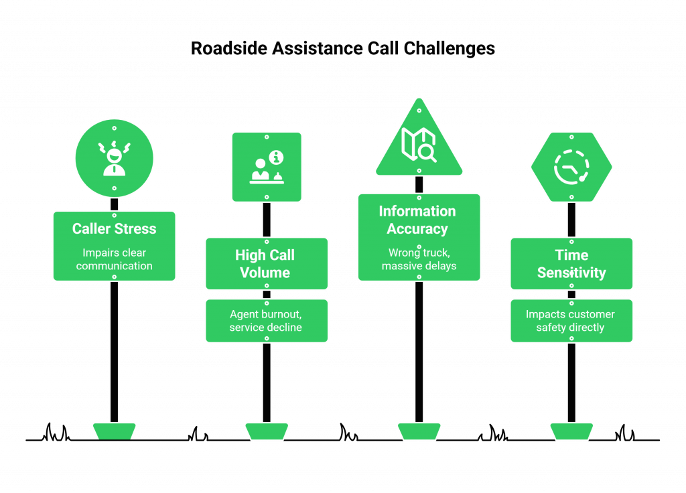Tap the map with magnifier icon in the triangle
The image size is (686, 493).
click(x=419, y=144)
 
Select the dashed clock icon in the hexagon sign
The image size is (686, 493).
click(x=571, y=167)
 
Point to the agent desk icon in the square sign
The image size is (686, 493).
click(x=267, y=167)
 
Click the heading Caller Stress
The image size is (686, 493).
click(x=114, y=228)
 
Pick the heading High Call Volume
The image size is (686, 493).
click(x=267, y=264)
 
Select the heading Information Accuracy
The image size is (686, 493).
click(x=417, y=220)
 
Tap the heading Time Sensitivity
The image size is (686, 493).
click(x=571, y=264)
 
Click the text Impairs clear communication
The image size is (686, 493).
click(x=114, y=259)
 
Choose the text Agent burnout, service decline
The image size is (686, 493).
click(x=266, y=321)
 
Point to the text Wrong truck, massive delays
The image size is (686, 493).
click(x=419, y=259)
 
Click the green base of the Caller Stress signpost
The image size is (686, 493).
click(x=114, y=431)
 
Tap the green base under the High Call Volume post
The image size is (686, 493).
click(x=267, y=431)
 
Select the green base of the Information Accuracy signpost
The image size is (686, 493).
click(x=419, y=431)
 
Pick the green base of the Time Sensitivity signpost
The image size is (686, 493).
click(x=571, y=431)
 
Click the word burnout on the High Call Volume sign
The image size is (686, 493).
click(x=277, y=314)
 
